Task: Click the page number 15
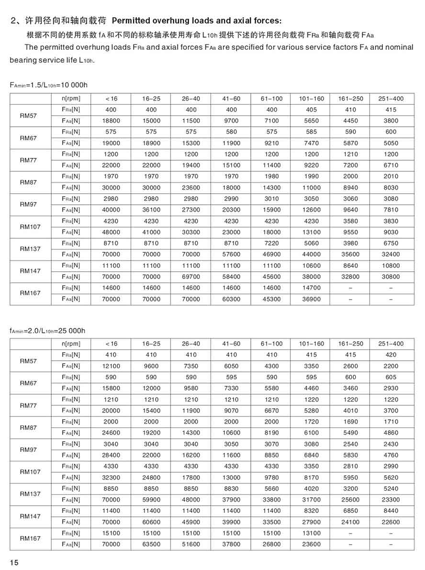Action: click(14, 562)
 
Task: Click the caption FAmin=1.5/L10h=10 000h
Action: click(49, 85)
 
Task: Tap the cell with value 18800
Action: click(111, 121)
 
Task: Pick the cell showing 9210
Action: click(271, 143)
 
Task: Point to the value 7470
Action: click(312, 143)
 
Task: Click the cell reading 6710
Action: click(391, 165)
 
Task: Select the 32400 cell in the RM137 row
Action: click(391, 254)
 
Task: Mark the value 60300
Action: click(231, 299)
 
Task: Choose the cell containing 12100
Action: click(111, 366)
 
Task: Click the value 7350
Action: click(191, 366)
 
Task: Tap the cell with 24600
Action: click(111, 433)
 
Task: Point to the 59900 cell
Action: click(151, 500)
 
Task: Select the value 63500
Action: click(151, 544)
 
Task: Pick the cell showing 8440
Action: click(391, 511)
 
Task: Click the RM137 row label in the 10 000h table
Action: click(30, 249)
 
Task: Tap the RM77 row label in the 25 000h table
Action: click(29, 405)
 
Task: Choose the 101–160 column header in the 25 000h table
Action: click(312, 344)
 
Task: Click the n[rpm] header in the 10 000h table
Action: click(71, 99)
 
